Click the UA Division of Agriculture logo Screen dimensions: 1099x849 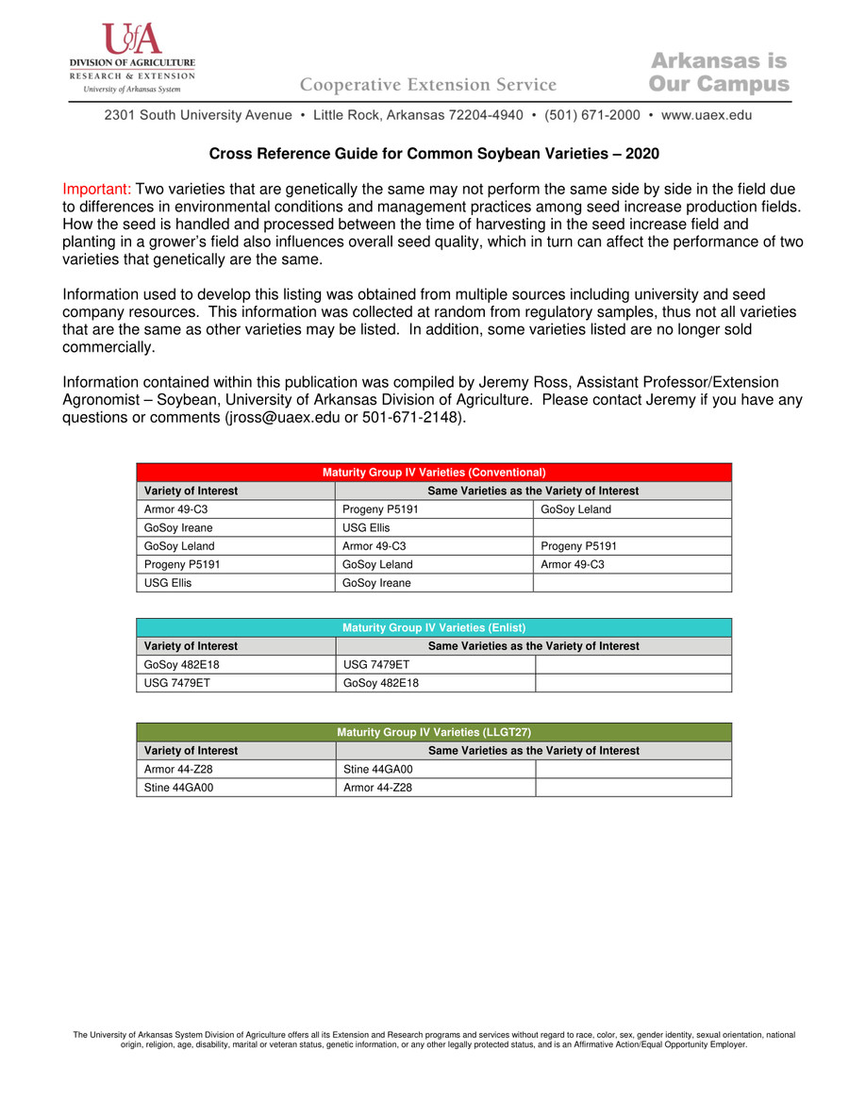[132, 57]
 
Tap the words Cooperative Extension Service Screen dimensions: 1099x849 [428, 85]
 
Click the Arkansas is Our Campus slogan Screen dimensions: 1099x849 [719, 73]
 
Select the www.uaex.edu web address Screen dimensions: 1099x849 [707, 115]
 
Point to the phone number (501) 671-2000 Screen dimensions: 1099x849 [592, 115]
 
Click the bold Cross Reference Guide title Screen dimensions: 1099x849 [433, 154]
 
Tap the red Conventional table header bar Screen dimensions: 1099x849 [434, 472]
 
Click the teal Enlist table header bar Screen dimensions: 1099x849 [434, 627]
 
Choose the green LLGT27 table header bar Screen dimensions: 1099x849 [434, 732]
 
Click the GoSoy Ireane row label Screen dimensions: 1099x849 [178, 528]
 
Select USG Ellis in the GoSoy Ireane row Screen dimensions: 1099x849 [366, 528]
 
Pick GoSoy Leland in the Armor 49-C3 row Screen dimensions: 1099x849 [575, 509]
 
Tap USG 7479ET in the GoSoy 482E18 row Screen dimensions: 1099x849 [376, 664]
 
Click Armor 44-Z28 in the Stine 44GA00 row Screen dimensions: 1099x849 [377, 787]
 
